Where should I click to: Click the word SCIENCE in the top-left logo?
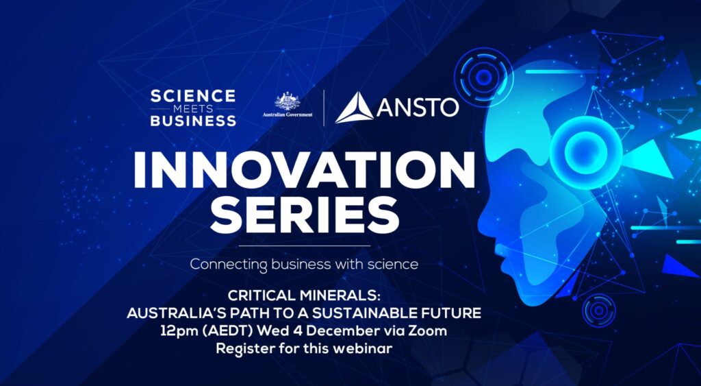click(x=192, y=95)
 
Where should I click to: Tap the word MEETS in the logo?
click(x=192, y=108)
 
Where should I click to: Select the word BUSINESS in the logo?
click(x=192, y=121)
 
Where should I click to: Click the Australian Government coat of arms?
click(x=287, y=101)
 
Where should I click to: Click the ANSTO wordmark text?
click(x=418, y=108)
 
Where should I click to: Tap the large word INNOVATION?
click(x=304, y=169)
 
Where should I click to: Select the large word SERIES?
click(x=305, y=215)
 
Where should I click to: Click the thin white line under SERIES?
click(x=305, y=245)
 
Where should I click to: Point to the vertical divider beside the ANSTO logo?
click(x=324, y=108)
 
